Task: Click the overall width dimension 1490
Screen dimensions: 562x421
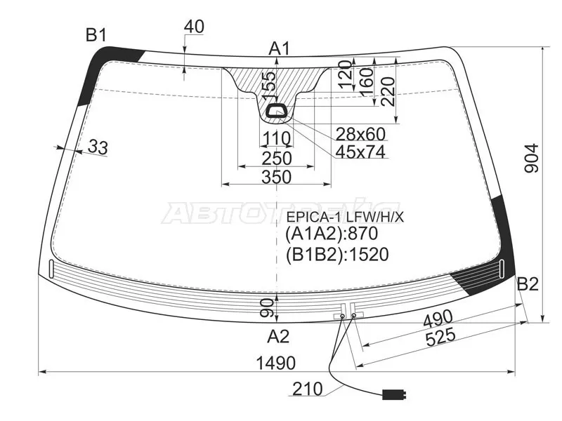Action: [276, 363]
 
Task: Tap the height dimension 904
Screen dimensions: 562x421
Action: [532, 159]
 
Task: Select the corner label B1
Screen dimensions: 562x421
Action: [96, 35]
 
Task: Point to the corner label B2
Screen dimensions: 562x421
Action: [528, 284]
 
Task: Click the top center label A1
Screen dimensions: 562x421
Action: [279, 48]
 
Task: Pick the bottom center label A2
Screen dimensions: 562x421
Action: [278, 337]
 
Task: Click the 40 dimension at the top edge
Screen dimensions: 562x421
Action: [195, 27]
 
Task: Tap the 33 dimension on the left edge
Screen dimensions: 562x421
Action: [98, 147]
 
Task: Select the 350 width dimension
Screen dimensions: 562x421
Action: [276, 177]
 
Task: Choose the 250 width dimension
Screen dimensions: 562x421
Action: [277, 159]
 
